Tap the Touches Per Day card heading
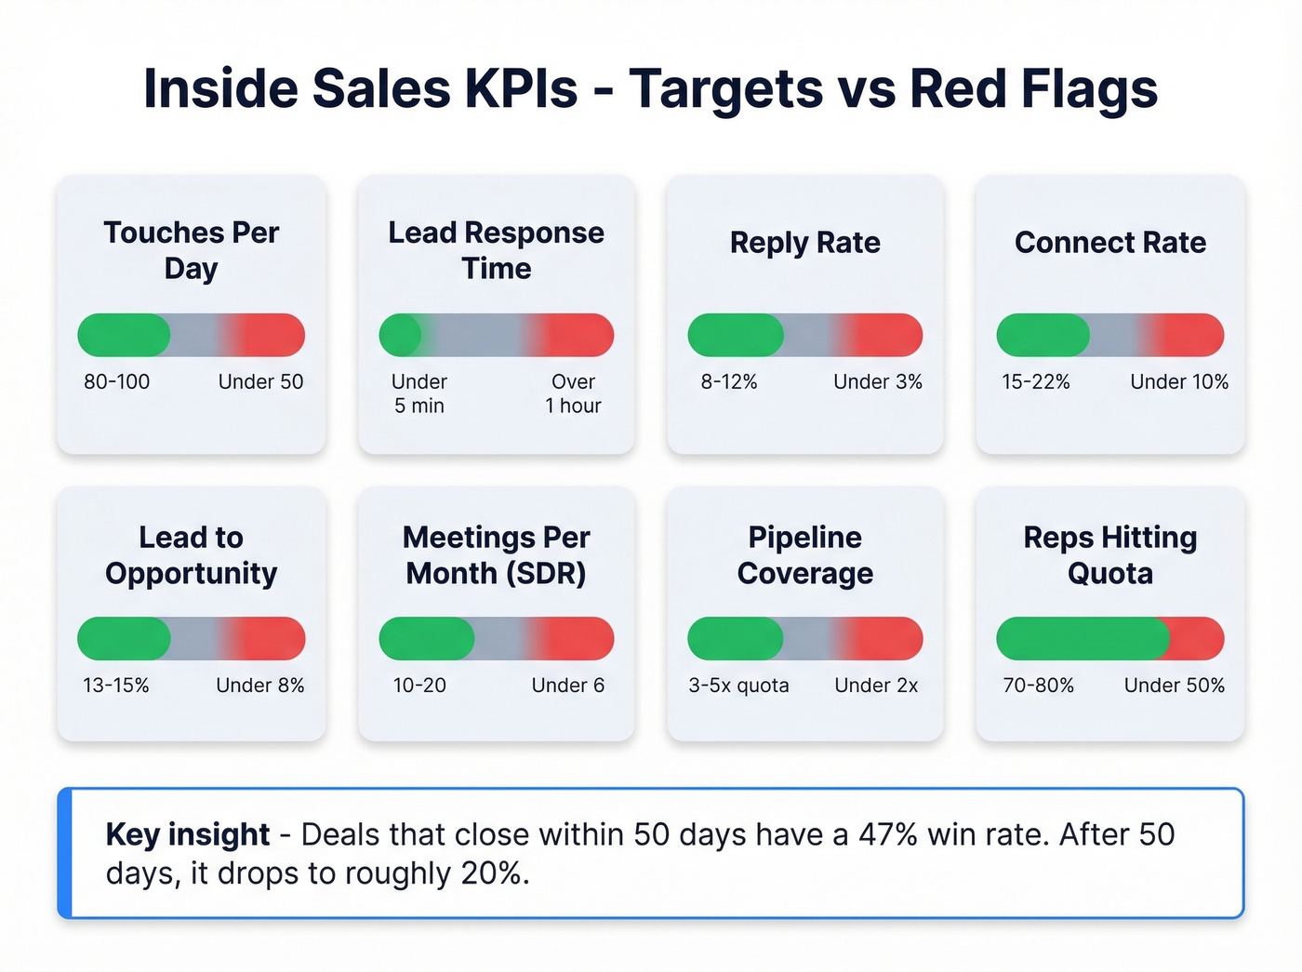(x=192, y=249)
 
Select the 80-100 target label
(x=116, y=381)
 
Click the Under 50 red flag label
(x=260, y=381)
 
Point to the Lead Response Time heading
(x=496, y=249)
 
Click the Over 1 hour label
(x=573, y=393)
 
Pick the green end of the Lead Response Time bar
(x=401, y=335)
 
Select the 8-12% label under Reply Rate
(x=729, y=381)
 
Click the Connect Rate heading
(x=1109, y=242)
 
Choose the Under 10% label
(x=1178, y=381)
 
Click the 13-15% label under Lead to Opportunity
(x=115, y=686)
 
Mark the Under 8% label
(x=260, y=686)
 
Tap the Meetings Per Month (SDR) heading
(x=496, y=554)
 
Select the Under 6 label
(x=567, y=686)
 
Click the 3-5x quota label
(x=738, y=686)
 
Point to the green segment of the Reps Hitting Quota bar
(x=1079, y=639)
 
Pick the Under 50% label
(x=1174, y=686)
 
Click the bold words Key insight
(x=188, y=834)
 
